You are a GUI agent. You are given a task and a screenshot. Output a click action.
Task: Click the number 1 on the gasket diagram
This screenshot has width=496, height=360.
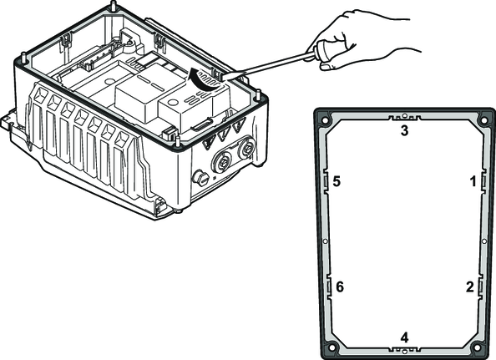[x=473, y=181]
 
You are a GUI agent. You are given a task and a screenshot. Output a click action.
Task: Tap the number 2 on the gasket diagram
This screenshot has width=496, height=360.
[x=470, y=287]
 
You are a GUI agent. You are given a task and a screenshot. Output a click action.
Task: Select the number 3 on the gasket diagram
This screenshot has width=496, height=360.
[x=404, y=130]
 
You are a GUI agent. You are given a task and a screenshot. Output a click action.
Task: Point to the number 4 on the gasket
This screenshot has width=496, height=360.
[x=404, y=337]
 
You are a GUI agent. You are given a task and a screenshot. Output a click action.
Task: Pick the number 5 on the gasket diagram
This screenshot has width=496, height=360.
[x=337, y=181]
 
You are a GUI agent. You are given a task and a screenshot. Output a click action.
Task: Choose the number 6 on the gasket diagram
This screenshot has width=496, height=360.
[x=339, y=287]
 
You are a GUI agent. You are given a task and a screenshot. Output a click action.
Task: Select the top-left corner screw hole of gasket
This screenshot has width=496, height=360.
[x=325, y=120]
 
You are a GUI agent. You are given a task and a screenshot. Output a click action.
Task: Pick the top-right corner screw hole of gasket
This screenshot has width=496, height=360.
[x=483, y=120]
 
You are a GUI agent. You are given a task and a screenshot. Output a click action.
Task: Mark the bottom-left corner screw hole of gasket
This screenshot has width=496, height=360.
[x=332, y=347]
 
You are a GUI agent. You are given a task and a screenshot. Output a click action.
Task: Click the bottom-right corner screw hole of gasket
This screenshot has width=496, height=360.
[x=477, y=347]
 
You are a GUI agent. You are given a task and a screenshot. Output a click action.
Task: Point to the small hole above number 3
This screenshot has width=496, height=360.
[x=404, y=115]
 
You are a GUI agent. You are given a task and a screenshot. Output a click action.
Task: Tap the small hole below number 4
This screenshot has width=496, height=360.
[x=404, y=351]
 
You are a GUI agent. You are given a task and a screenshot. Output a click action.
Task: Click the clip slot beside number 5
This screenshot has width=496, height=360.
[x=326, y=181]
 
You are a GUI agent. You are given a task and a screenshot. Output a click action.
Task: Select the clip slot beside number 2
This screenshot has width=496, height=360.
[x=480, y=287]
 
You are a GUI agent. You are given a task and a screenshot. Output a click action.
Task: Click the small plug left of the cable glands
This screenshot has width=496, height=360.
[x=200, y=179]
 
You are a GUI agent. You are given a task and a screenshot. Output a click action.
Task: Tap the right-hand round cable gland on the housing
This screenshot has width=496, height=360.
[x=245, y=147]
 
